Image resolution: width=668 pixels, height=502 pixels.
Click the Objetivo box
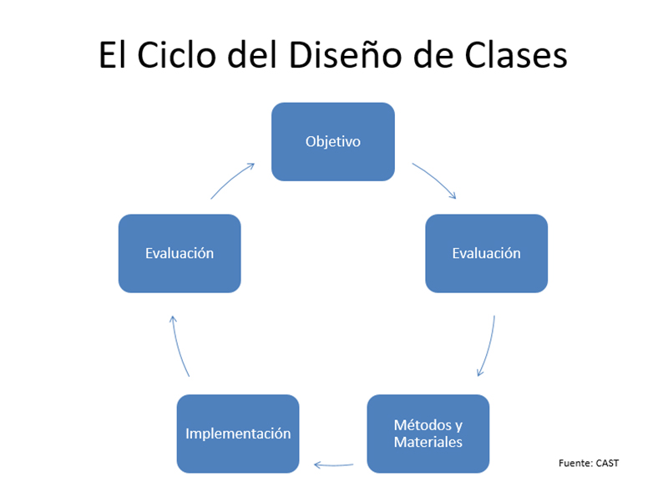point(332,141)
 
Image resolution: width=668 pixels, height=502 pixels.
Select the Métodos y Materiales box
point(428,434)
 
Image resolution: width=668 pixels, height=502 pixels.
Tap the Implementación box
point(238,434)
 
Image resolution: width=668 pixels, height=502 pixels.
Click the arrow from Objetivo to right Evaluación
point(435,179)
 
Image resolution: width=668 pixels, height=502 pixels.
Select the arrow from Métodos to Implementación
point(333,465)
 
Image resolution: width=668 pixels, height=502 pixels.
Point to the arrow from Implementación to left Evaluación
point(178,346)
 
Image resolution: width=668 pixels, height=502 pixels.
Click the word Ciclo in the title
point(176,54)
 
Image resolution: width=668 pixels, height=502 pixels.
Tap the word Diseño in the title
point(345,54)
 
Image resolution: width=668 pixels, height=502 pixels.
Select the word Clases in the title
point(516,54)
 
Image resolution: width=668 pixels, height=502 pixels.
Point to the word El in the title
point(113,54)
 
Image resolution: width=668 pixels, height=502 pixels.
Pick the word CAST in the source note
point(608,464)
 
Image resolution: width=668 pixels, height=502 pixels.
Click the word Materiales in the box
point(428,442)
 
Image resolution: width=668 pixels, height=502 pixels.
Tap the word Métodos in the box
point(423,425)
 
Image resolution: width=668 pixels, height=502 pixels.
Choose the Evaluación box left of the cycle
point(180,254)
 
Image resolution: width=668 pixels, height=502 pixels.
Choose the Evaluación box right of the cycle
point(487,254)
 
